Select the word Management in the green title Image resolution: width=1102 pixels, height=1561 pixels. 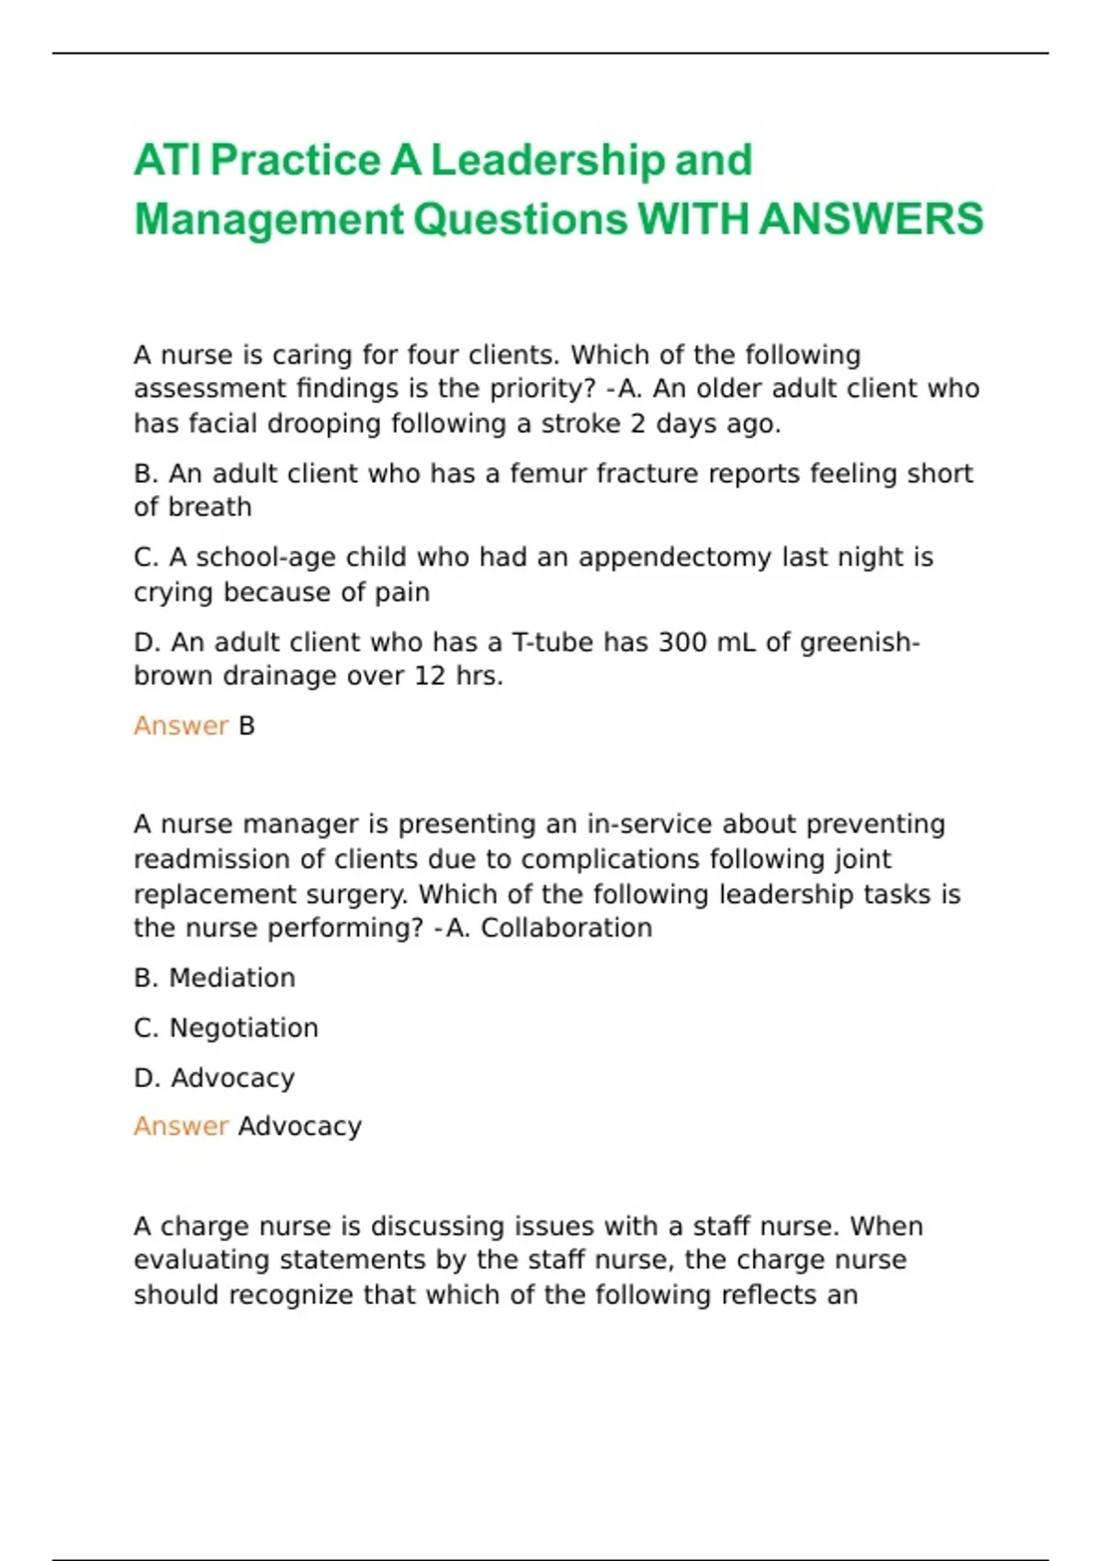(268, 219)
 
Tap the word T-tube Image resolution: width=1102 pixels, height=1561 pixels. (552, 642)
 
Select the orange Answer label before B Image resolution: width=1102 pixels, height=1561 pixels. (180, 725)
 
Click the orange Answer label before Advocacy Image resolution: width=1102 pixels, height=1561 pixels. (180, 1126)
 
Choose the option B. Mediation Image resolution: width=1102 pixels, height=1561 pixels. (215, 978)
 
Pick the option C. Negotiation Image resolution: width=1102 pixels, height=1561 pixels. (226, 1028)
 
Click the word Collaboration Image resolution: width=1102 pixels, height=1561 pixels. (567, 928)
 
